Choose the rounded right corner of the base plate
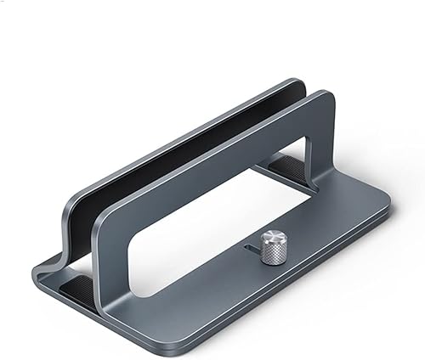(384, 204)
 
